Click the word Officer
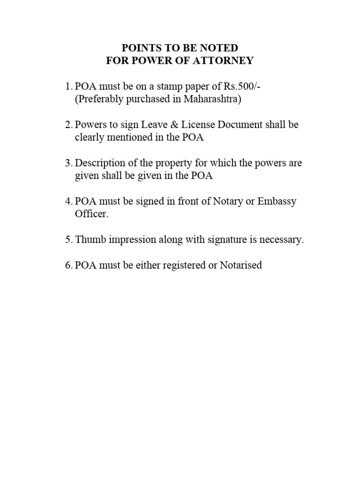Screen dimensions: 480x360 [92, 215]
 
